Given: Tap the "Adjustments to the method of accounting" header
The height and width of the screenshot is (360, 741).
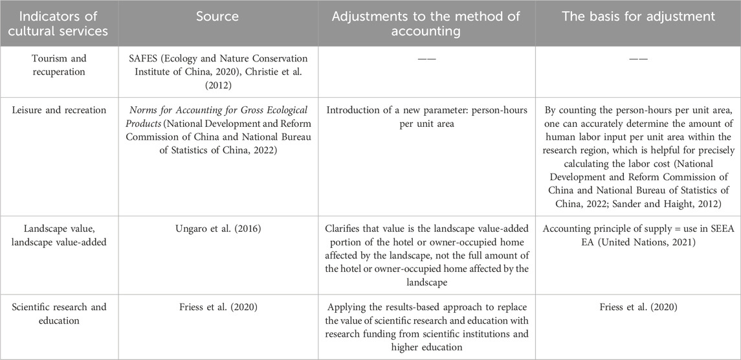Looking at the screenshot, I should coord(426,23).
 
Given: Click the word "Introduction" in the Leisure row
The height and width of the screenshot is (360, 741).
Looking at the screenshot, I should coord(353,110).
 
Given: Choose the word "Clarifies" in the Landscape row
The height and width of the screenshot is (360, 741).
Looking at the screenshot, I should coord(348,228).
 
